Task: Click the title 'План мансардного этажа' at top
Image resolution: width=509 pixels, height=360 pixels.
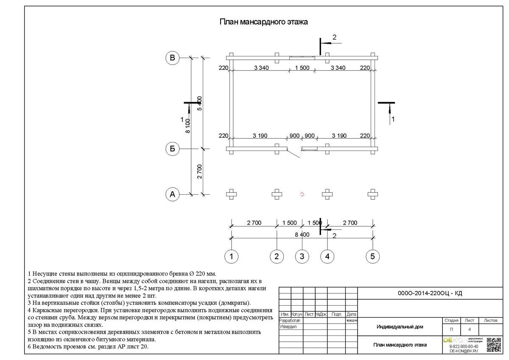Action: click(263, 22)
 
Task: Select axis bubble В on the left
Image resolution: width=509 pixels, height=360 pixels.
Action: click(172, 58)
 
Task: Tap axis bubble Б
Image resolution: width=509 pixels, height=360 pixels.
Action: click(172, 148)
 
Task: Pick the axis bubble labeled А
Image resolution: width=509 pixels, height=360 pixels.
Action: click(172, 194)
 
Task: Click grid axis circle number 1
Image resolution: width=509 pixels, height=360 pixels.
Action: click(231, 256)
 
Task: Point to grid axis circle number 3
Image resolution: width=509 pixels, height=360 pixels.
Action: click(302, 256)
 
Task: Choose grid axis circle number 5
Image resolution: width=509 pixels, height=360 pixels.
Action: click(372, 256)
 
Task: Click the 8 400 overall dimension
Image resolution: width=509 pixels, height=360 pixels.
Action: click(302, 234)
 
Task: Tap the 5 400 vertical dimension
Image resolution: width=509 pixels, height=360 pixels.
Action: click(200, 103)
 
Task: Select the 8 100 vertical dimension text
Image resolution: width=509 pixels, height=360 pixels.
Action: click(188, 126)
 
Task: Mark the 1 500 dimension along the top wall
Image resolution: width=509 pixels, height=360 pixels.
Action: click(302, 67)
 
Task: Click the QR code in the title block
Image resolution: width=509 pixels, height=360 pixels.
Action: click(494, 345)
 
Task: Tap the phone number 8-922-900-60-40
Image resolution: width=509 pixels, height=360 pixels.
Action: click(463, 346)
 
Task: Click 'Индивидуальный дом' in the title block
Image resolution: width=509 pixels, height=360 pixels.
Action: click(400, 327)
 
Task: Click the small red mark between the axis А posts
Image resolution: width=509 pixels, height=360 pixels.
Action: click(302, 194)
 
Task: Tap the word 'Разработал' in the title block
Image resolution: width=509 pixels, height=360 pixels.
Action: click(288, 321)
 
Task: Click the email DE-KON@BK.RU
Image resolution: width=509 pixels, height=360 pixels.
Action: click(463, 351)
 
